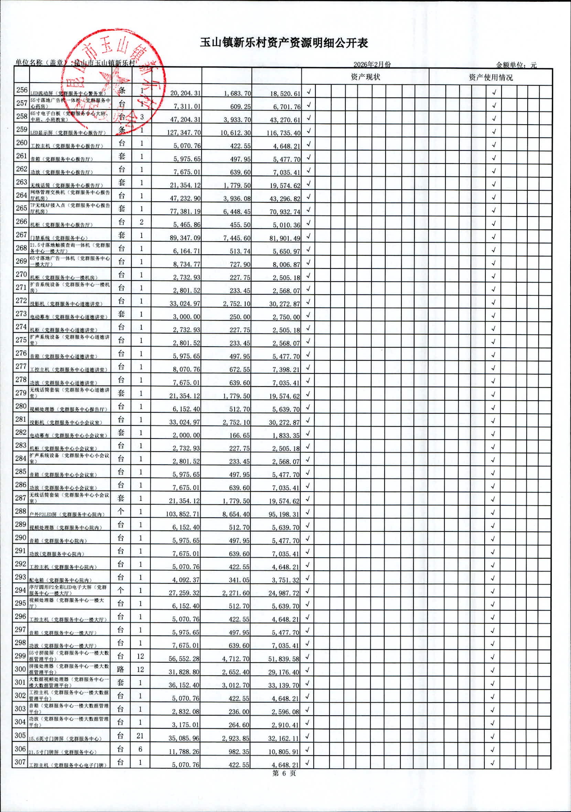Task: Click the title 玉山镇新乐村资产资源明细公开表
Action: pyautogui.click(x=284, y=43)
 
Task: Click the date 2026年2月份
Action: pyautogui.click(x=372, y=64)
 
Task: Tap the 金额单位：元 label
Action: pyautogui.click(x=516, y=65)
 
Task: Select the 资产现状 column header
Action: pyautogui.click(x=365, y=77)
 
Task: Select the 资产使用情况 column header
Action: pyautogui.click(x=491, y=77)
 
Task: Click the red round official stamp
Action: pyautogui.click(x=113, y=83)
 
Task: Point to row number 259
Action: pyautogui.click(x=22, y=129)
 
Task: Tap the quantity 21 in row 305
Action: pyautogui.click(x=140, y=736)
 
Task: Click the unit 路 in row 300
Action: pyautogui.click(x=121, y=669)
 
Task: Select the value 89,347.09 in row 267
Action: pyautogui.click(x=185, y=238)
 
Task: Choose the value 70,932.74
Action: pyautogui.click(x=285, y=212)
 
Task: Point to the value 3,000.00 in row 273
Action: pyautogui.click(x=186, y=317)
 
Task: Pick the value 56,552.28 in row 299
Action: pyautogui.click(x=184, y=659)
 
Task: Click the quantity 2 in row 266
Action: pyautogui.click(x=141, y=222)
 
